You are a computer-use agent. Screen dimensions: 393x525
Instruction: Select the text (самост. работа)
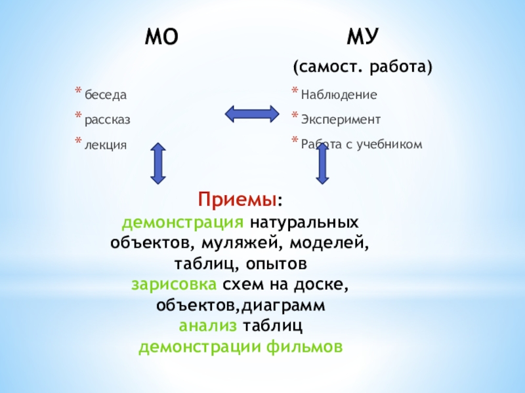click(x=362, y=67)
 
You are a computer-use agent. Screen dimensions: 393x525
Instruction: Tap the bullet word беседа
click(x=105, y=96)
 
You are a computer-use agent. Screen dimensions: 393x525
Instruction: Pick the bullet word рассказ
click(x=107, y=120)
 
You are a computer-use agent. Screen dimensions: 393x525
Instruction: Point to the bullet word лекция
click(x=104, y=144)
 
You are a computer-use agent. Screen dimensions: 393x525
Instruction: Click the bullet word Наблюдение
click(x=339, y=96)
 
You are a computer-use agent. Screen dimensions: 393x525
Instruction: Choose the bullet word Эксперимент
click(x=341, y=120)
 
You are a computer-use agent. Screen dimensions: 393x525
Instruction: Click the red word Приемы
click(x=238, y=198)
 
